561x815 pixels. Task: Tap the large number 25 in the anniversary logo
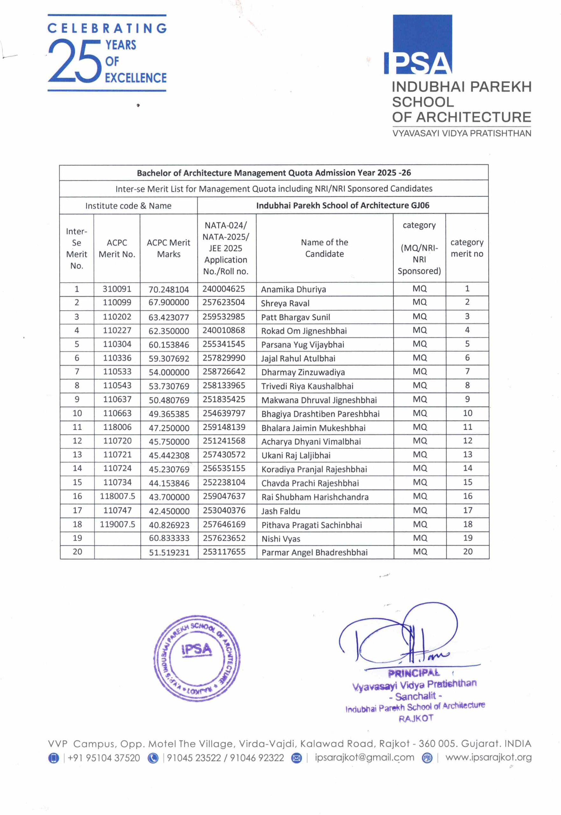[x=75, y=60]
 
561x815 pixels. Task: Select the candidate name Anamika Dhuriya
[x=294, y=289]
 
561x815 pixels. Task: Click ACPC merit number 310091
[x=117, y=289]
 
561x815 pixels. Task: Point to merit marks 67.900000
[x=169, y=302]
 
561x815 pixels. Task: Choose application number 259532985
[x=224, y=317]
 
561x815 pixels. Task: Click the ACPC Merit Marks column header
[x=168, y=248]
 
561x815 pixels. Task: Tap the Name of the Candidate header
[x=324, y=248]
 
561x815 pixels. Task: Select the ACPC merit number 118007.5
[x=117, y=496]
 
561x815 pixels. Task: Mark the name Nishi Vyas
[x=280, y=539]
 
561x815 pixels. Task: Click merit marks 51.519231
[x=169, y=552]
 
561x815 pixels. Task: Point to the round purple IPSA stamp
[x=197, y=658]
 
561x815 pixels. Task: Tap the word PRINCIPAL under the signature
[x=413, y=673]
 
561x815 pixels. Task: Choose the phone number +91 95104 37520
[x=104, y=758]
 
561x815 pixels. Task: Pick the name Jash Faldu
[x=280, y=511]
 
